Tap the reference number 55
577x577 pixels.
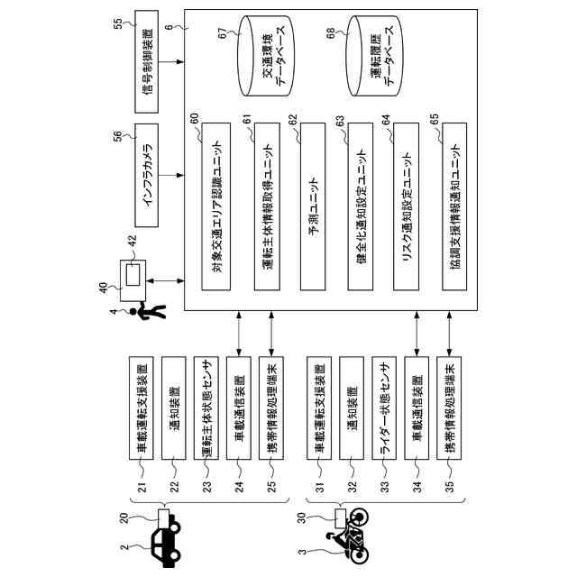click(118, 23)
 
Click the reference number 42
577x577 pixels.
click(133, 241)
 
